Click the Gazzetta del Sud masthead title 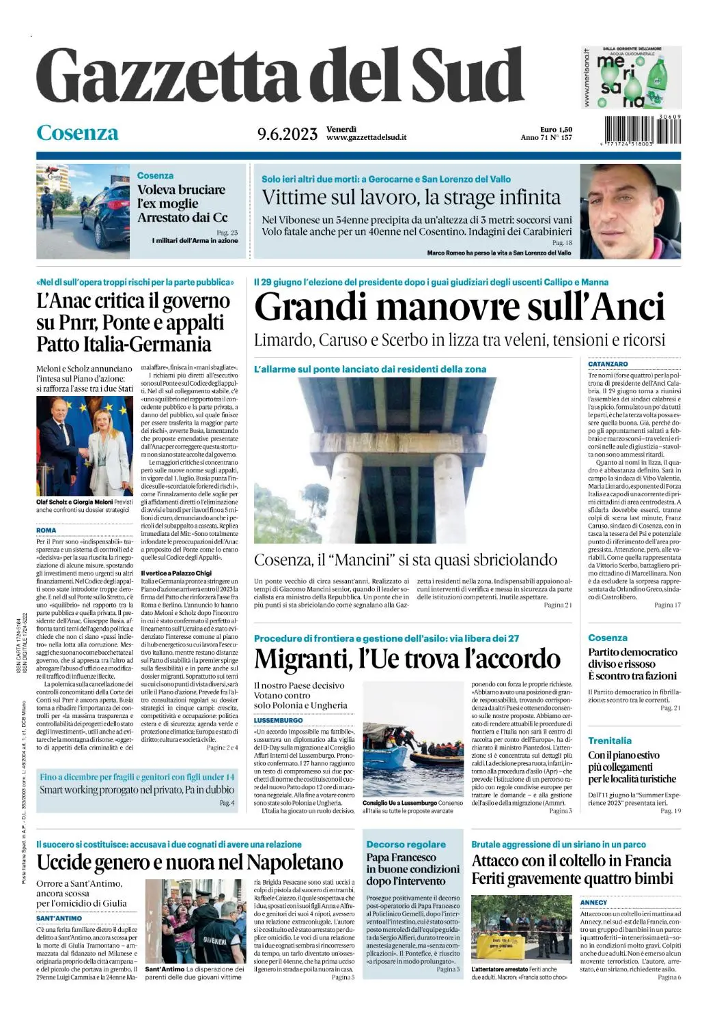click(x=280, y=76)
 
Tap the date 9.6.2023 click(x=287, y=134)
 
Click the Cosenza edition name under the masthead click(x=77, y=132)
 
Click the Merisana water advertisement click(x=632, y=76)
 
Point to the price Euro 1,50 click(x=556, y=129)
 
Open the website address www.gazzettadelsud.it click(x=367, y=137)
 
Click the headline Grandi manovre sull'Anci click(x=459, y=307)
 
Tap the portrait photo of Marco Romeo click(x=630, y=210)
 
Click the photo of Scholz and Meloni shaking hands click(x=84, y=446)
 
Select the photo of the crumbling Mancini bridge click(x=413, y=461)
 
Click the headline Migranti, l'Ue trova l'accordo click(x=407, y=659)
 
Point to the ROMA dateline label click(x=46, y=530)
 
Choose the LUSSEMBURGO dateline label click(x=278, y=720)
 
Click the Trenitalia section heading click(x=610, y=741)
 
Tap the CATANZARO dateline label click(x=608, y=365)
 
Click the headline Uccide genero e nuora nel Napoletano click(x=190, y=862)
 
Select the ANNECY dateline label click(x=593, y=902)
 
